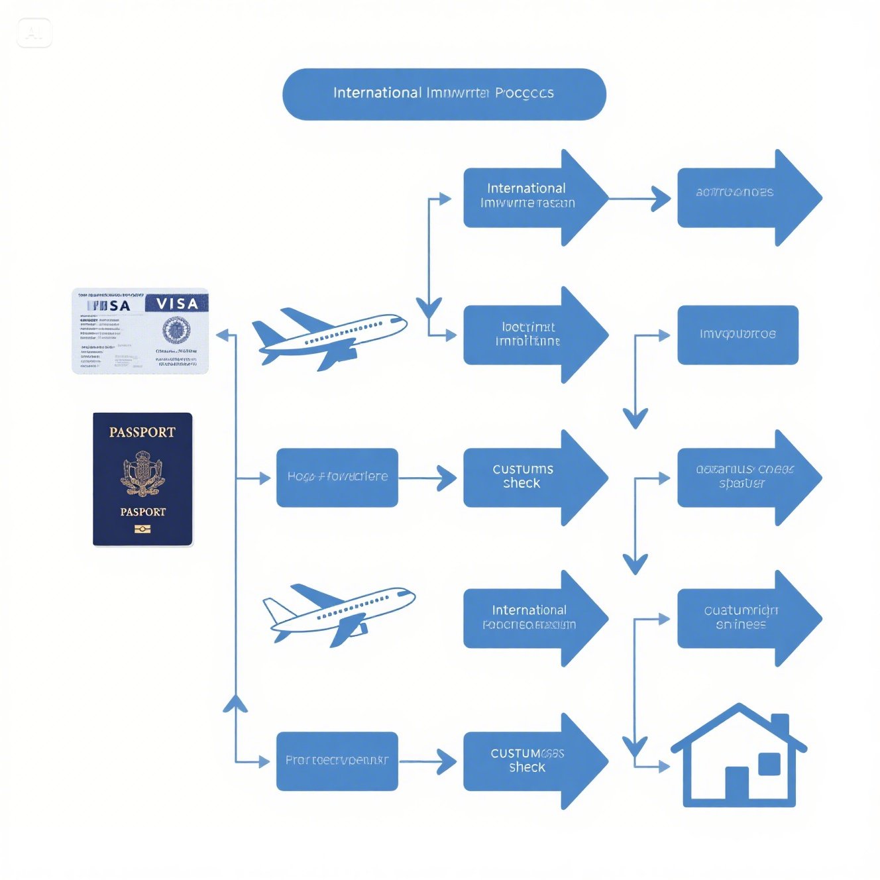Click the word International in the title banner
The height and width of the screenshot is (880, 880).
click(376, 93)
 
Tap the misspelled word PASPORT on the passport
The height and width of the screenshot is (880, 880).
click(142, 512)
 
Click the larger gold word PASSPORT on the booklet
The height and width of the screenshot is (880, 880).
click(142, 432)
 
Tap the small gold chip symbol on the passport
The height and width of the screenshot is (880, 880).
click(142, 529)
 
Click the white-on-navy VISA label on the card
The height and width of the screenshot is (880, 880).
click(177, 303)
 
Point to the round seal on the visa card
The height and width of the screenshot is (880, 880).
click(176, 330)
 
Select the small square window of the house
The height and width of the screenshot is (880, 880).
click(769, 764)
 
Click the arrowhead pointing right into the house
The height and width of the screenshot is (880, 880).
click(662, 767)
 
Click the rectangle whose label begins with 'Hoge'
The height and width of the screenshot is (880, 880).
click(337, 477)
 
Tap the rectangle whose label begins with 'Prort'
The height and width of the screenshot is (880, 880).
click(337, 761)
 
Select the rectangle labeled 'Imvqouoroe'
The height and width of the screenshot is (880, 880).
click(738, 335)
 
